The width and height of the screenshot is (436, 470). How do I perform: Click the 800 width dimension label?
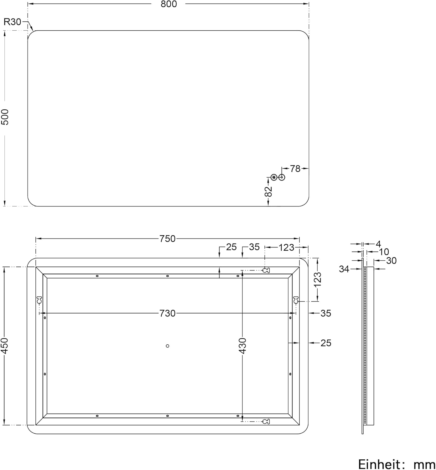169,4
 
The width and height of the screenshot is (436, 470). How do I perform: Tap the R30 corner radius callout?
12,22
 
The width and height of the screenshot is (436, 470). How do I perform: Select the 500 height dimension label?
5,117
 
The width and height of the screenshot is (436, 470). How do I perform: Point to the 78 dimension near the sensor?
295,169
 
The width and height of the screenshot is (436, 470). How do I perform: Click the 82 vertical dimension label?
268,192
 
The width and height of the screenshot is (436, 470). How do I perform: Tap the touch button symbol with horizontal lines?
274,177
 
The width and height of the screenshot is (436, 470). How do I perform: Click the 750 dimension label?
168,239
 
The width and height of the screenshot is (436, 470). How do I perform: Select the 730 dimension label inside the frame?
168,313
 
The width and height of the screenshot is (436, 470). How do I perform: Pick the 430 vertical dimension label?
243,346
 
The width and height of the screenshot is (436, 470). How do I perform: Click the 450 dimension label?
5,346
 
